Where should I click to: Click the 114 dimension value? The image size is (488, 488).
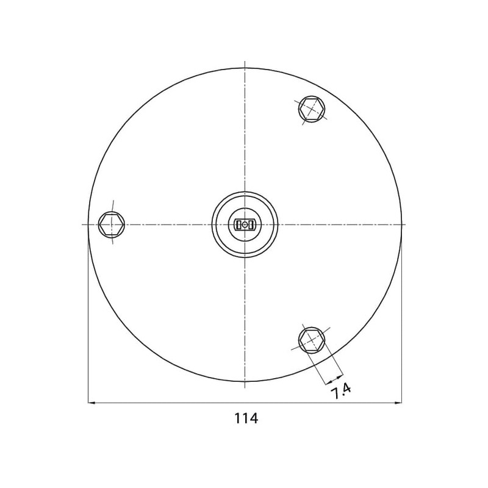[246, 418]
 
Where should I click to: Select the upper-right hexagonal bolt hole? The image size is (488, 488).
[312, 109]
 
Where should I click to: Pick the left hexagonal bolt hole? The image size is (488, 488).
[112, 224]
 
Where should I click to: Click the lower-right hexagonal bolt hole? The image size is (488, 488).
[312, 340]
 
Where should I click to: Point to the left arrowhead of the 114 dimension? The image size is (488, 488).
[92, 403]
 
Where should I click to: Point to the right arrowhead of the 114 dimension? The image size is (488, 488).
[398, 403]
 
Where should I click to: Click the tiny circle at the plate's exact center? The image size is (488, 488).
[245, 224]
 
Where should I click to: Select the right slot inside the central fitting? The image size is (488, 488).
[251, 224]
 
